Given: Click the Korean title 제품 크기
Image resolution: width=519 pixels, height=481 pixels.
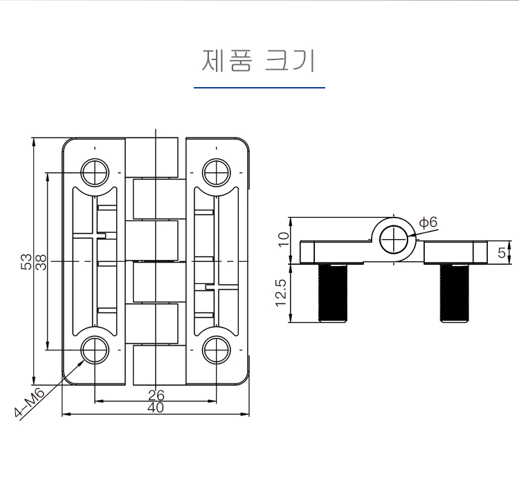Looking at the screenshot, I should click(x=259, y=61).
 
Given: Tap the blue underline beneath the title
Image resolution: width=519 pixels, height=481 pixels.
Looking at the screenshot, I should click(x=259, y=88).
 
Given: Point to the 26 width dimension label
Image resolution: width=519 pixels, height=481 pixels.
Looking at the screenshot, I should click(x=156, y=395).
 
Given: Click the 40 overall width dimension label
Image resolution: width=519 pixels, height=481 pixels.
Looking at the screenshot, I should click(x=156, y=408).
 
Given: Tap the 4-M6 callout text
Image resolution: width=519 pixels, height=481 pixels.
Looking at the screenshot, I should click(x=30, y=404).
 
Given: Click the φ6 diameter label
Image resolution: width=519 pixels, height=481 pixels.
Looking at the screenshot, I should click(x=428, y=223).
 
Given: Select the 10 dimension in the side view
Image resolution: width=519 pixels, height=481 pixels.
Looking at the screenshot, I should click(x=283, y=240).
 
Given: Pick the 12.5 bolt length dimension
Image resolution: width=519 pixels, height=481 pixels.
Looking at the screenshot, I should click(x=280, y=293).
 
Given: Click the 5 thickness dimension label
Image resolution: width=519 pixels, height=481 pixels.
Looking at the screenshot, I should click(x=501, y=252).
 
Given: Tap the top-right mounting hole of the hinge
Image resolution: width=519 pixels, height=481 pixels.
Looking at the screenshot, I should click(x=217, y=171).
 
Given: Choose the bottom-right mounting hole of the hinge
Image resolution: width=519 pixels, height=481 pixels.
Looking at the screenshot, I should click(x=217, y=350).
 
